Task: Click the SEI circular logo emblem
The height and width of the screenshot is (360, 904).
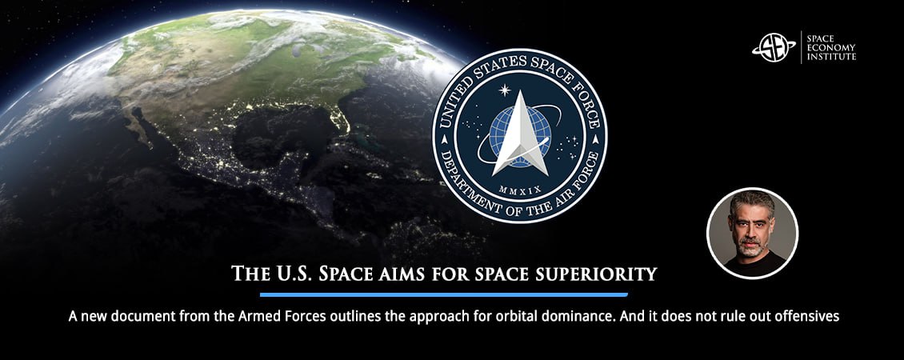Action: [x=774, y=47]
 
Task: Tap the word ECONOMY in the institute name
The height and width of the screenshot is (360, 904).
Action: [x=830, y=47]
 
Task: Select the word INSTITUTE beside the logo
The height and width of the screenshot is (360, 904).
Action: [x=831, y=57]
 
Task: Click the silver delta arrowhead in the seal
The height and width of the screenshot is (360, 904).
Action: [x=519, y=134]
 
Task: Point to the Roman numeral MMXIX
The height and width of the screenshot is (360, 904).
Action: [x=519, y=189]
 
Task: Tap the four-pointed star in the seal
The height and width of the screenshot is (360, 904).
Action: [x=505, y=90]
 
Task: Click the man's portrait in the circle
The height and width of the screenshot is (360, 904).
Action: [x=752, y=233]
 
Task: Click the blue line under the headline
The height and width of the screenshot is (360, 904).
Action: [x=443, y=295]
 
